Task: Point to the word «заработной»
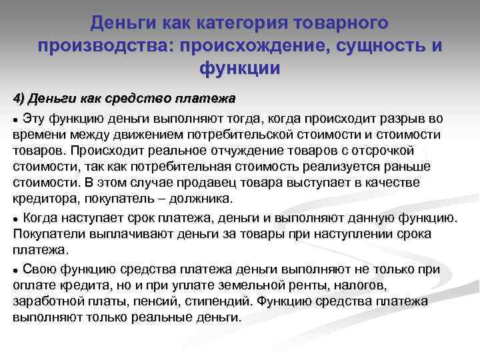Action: [x=45, y=301]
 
